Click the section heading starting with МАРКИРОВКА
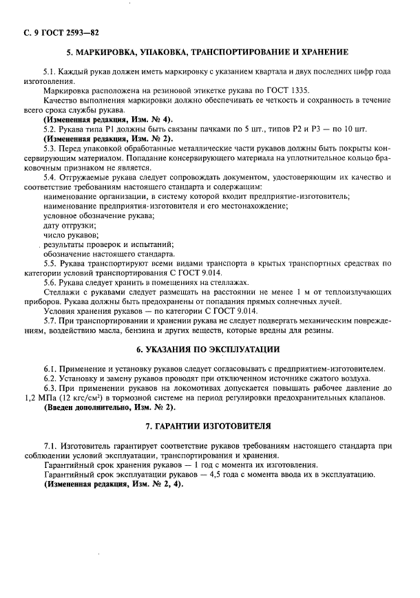(x=207, y=53)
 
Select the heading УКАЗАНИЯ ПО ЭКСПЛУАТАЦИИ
(x=207, y=350)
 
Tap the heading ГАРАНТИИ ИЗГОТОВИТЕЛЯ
(x=207, y=425)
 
